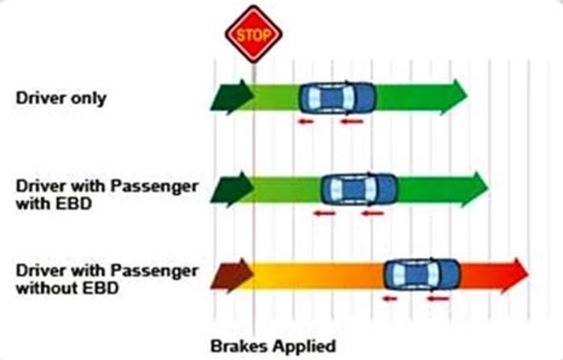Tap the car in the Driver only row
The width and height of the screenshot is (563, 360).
337,98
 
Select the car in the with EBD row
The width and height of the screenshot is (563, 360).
359,190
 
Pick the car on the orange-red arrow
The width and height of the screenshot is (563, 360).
421,274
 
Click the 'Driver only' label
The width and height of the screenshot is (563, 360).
61,98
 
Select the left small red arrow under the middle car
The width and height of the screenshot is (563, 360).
324,214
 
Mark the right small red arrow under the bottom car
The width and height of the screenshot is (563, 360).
437,299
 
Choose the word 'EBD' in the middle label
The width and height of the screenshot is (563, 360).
76,203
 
